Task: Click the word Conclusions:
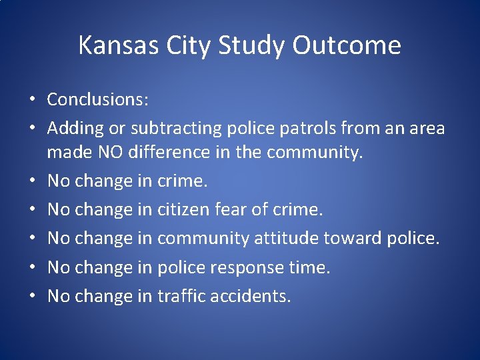(97, 100)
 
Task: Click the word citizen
(184, 210)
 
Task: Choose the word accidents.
(251, 296)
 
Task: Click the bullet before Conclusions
(32, 101)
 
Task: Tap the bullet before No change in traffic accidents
(32, 297)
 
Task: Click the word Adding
(71, 128)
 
